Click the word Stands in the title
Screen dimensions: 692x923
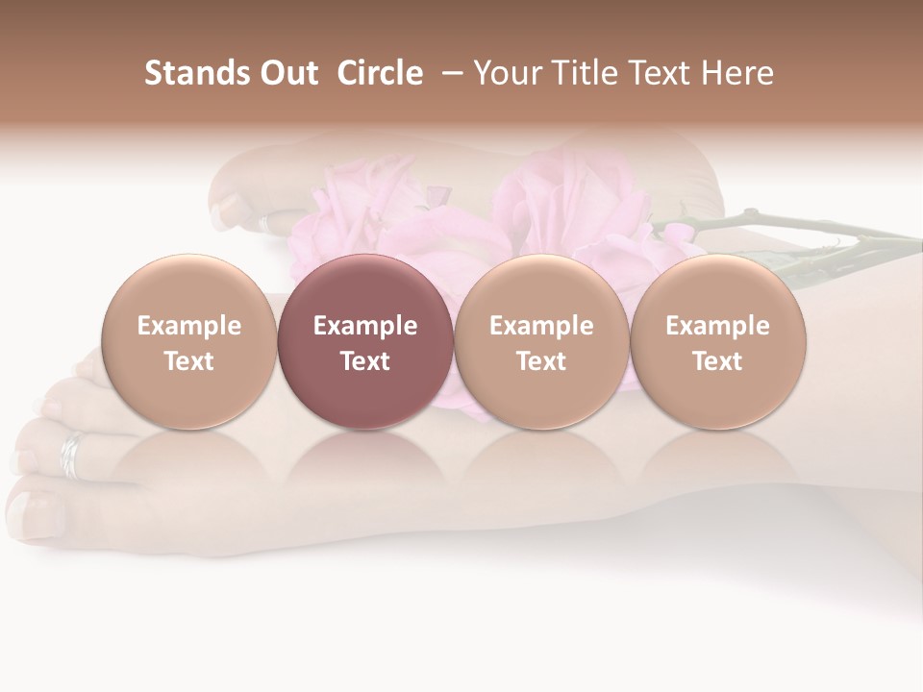[195, 73]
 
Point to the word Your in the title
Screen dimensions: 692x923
[508, 73]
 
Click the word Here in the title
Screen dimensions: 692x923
[736, 73]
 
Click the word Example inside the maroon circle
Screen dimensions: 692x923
[364, 326]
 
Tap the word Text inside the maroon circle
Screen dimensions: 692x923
[364, 361]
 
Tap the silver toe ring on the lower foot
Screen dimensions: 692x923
[72, 455]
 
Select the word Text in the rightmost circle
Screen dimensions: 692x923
[717, 361]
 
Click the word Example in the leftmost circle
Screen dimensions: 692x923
[188, 326]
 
